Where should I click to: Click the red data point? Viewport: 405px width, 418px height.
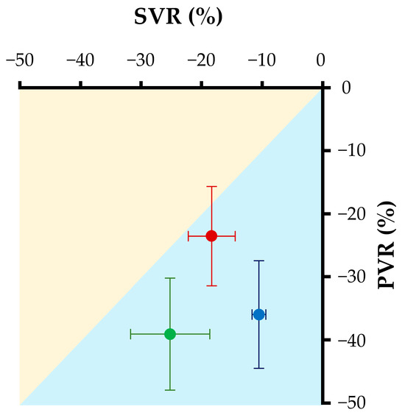pyautogui.click(x=211, y=235)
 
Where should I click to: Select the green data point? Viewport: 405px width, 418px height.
pyautogui.click(x=170, y=334)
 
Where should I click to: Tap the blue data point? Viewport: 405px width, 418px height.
pyautogui.click(x=258, y=314)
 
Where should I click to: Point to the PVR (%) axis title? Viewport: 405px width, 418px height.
pyautogui.click(x=388, y=246)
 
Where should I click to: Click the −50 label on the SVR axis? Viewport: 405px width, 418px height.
pyautogui.click(x=19, y=60)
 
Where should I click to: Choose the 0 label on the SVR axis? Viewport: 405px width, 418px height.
pyautogui.click(x=321, y=60)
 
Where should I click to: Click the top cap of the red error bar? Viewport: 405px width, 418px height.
pyautogui.click(x=211, y=187)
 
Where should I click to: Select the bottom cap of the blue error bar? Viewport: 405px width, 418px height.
pyautogui.click(x=258, y=368)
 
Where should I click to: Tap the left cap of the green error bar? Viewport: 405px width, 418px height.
pyautogui.click(x=131, y=334)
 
